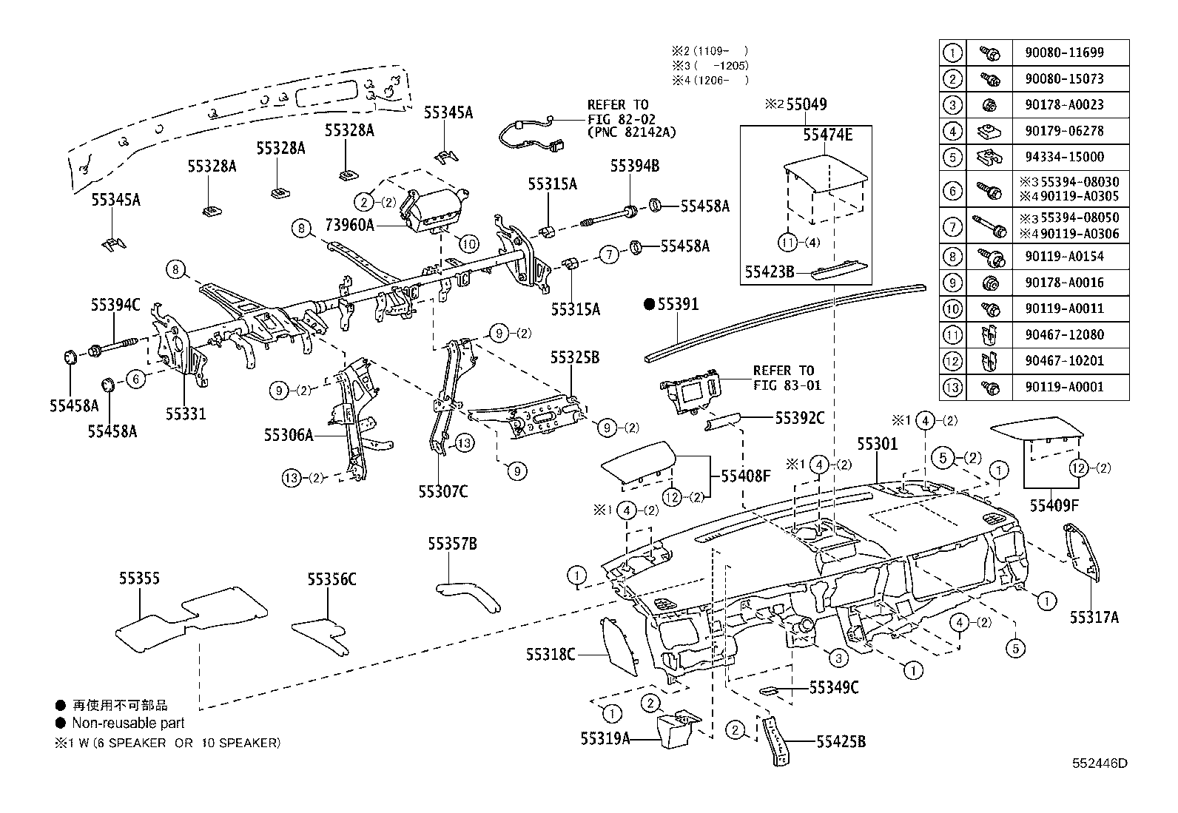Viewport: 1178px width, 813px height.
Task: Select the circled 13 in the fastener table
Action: coord(952,387)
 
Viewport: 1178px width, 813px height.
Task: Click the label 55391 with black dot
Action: coord(671,304)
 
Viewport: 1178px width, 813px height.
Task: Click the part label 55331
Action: coord(185,414)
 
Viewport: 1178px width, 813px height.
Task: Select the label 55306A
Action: coord(289,435)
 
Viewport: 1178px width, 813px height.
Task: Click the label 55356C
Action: coord(332,579)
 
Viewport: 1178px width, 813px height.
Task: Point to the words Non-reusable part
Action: coord(128,723)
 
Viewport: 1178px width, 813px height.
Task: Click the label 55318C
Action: coord(551,655)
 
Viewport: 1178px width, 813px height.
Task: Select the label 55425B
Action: coord(841,741)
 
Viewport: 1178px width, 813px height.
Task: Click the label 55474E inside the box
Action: coord(828,135)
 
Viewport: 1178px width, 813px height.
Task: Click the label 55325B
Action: coord(574,358)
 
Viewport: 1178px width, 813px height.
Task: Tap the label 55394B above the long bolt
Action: coord(634,166)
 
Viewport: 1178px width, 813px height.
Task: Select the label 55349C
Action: coord(833,688)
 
